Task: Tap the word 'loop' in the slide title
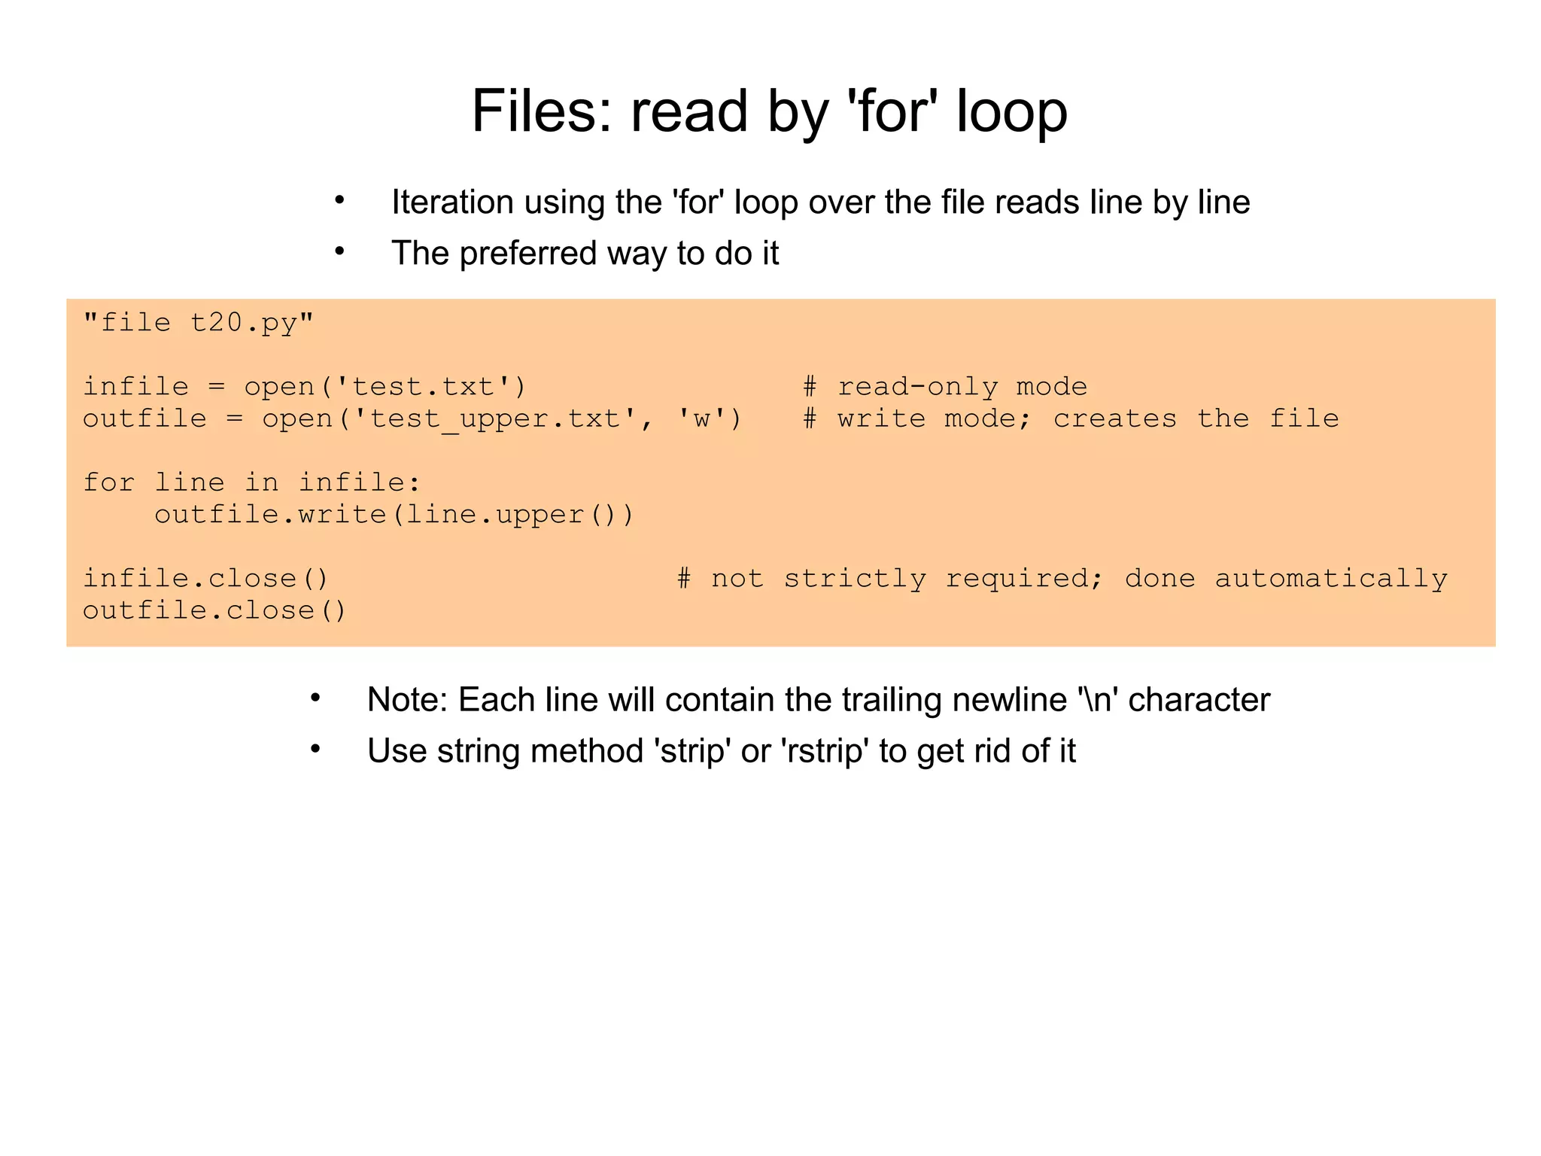coord(1011,111)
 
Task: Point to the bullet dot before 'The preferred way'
coord(340,252)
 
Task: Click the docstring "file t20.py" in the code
coord(198,323)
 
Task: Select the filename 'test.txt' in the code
coord(423,387)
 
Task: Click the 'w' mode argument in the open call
coord(701,419)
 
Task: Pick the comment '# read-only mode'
coord(945,387)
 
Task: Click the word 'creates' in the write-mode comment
coord(1114,419)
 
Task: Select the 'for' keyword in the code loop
coord(109,482)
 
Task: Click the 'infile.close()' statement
coord(205,579)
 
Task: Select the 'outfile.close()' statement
coord(214,610)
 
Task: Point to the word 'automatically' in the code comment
coord(1330,579)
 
